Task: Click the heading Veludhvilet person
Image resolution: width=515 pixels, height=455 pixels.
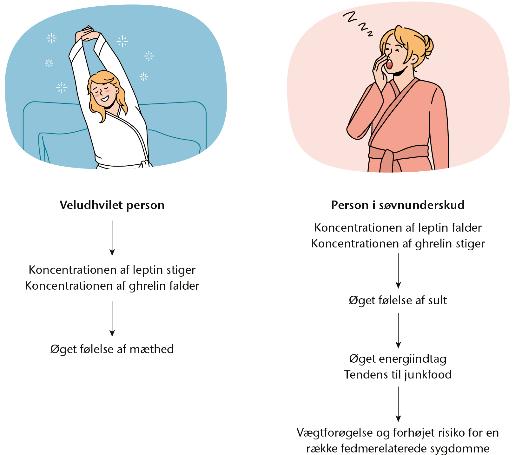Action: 112,205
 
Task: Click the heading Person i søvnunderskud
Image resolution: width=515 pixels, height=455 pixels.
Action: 398,205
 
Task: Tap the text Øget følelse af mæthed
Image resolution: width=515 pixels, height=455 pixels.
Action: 112,349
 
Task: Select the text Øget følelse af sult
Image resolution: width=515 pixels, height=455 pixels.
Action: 398,300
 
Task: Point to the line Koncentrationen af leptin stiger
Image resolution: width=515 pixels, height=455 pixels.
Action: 112,270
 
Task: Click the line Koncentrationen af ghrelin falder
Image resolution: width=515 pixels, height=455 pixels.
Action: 112,286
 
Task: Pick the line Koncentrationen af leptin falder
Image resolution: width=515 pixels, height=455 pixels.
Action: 398,228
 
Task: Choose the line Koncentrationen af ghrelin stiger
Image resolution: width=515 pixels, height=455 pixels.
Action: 398,244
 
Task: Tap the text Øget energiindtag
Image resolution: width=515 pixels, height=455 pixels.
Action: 398,359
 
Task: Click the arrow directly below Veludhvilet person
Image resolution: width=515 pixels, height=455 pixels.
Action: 112,238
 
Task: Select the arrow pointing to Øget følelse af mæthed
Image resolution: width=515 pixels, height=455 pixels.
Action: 112,319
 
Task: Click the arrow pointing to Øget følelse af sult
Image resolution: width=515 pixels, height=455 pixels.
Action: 398,271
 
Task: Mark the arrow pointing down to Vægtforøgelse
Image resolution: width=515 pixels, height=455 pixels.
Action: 398,404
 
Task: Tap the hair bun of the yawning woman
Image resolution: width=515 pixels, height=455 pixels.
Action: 427,46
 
